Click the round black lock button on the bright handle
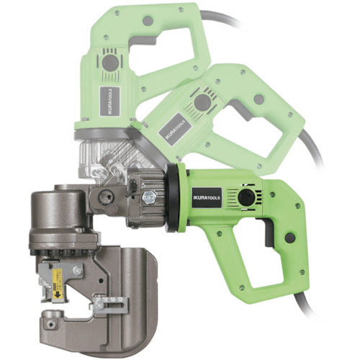click(x=289, y=238)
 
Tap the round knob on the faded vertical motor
click(x=109, y=63)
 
